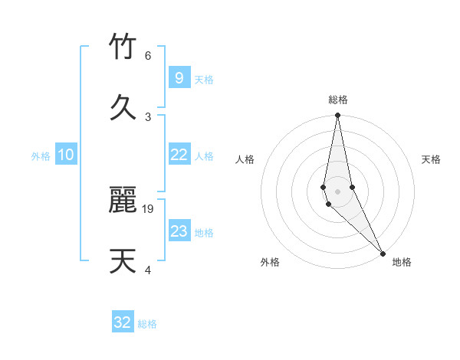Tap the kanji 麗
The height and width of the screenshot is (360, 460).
pyautogui.click(x=123, y=201)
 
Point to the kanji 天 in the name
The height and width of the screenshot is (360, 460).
pyautogui.click(x=123, y=261)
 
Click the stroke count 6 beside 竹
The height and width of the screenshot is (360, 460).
pyautogui.click(x=147, y=56)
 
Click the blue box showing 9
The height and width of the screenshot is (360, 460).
pyautogui.click(x=179, y=78)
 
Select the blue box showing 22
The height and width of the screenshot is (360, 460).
pyautogui.click(x=179, y=155)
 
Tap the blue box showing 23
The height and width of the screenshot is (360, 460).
pyautogui.click(x=179, y=231)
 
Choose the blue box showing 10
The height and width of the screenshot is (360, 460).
pyautogui.click(x=66, y=155)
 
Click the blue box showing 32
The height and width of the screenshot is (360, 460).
pyautogui.click(x=123, y=322)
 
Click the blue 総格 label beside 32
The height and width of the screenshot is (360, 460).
pyautogui.click(x=147, y=324)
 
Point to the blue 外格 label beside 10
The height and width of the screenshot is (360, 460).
pyautogui.click(x=41, y=156)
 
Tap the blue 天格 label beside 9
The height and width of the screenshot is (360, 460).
pyautogui.click(x=204, y=80)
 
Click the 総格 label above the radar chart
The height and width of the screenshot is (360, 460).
pyautogui.click(x=338, y=100)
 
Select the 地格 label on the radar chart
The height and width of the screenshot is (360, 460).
pyautogui.click(x=402, y=263)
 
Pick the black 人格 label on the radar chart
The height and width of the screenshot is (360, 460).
pyautogui.click(x=245, y=159)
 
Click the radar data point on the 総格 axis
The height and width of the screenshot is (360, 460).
pyautogui.click(x=337, y=116)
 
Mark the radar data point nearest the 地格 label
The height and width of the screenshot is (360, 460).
pyautogui.click(x=382, y=252)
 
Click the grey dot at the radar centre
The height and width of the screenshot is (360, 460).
pyautogui.click(x=337, y=191)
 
